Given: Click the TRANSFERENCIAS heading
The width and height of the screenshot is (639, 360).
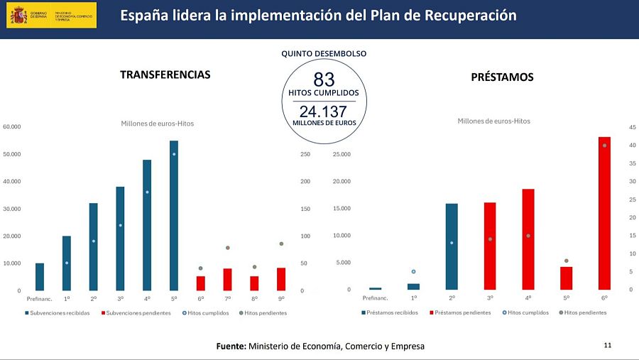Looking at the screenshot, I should coord(165,75).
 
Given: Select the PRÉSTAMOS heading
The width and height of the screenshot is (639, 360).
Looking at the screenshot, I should coord(502,77).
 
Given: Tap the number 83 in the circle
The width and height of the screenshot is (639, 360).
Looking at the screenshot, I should coord(324,80).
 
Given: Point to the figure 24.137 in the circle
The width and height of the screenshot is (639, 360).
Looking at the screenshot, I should coord(323,111).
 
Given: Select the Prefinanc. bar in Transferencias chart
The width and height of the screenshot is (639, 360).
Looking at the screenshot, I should coord(40,276).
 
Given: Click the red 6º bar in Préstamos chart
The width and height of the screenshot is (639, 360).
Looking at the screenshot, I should coord(604,212).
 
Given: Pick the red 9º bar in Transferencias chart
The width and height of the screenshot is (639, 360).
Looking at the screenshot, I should coord(281,278).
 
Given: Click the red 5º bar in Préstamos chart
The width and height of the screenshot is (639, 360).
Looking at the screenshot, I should coord(566,278).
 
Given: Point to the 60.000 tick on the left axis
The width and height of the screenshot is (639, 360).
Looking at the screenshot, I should coord(12,127).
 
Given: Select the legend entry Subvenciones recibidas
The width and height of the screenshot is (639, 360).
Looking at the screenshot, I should coord(59,312).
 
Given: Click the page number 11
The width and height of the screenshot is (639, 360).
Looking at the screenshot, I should coord(607,345).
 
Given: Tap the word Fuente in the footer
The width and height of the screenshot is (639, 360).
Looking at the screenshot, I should coord(231,346).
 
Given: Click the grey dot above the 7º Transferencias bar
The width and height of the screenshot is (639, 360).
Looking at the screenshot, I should coord(228,248).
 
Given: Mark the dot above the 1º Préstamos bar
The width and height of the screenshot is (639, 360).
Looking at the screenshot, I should coord(414,271).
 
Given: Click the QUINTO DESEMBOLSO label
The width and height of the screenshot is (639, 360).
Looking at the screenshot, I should coord(324,54).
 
